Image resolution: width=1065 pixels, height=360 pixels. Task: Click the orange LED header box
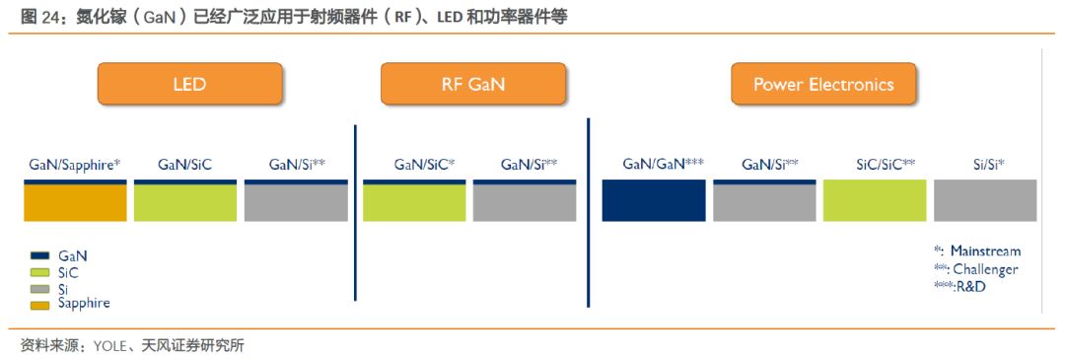[189, 84]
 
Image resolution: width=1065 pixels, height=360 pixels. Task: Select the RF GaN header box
[472, 84]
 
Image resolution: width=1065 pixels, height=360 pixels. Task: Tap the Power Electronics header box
[823, 84]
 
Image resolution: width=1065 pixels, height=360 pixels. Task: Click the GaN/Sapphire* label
[75, 165]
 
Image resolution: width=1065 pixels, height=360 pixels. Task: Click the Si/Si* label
[984, 165]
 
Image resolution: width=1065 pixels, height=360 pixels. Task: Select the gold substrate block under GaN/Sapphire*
[75, 202]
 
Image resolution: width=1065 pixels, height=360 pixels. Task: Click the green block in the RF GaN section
[414, 202]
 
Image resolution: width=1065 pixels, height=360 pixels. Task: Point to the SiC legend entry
[69, 272]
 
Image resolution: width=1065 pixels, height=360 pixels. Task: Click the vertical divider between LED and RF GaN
[355, 212]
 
